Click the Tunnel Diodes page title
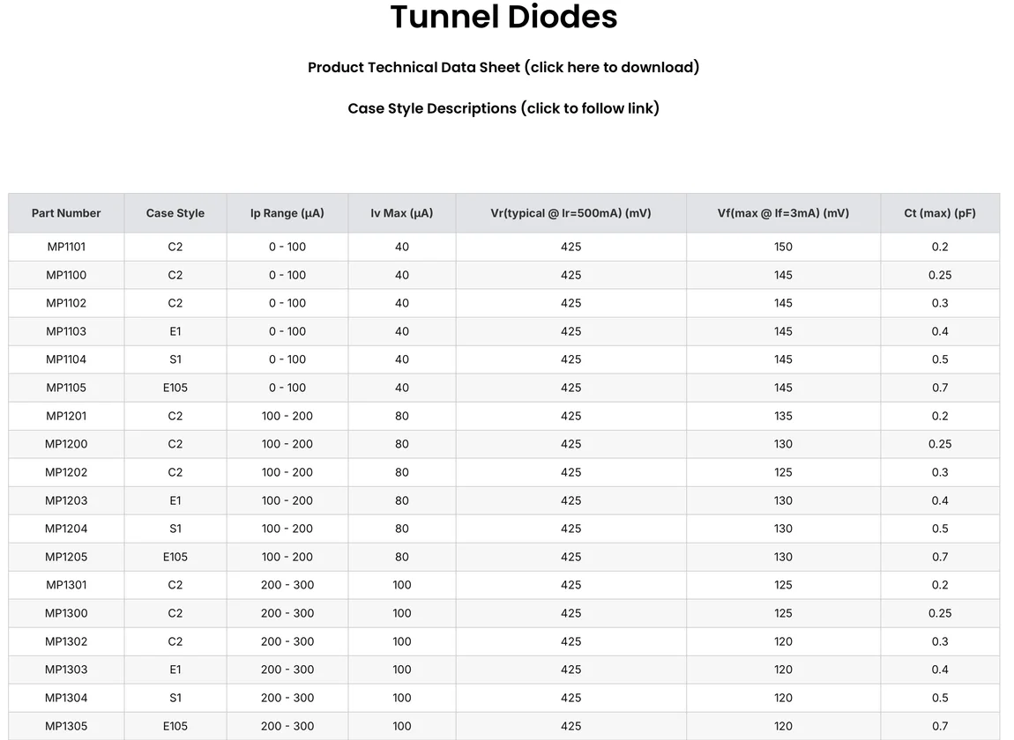[x=503, y=18]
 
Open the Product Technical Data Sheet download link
[x=503, y=67]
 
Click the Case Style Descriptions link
[x=503, y=108]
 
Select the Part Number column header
[x=66, y=213]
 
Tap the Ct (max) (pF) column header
[x=940, y=213]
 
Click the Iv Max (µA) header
[x=402, y=213]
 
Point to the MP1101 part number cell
[x=66, y=247]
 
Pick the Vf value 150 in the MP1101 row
[x=783, y=247]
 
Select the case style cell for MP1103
[x=175, y=331]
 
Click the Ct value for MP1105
[x=940, y=388]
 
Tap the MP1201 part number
[x=66, y=416]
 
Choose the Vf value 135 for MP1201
[x=783, y=416]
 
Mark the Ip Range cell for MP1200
[x=287, y=444]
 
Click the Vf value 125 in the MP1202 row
[x=783, y=472]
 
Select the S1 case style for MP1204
[x=175, y=529]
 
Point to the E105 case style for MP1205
[x=175, y=557]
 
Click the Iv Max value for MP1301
[x=402, y=585]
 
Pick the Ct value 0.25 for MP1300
[x=940, y=613]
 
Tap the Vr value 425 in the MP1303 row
[x=570, y=670]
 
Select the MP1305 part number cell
[x=66, y=726]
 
